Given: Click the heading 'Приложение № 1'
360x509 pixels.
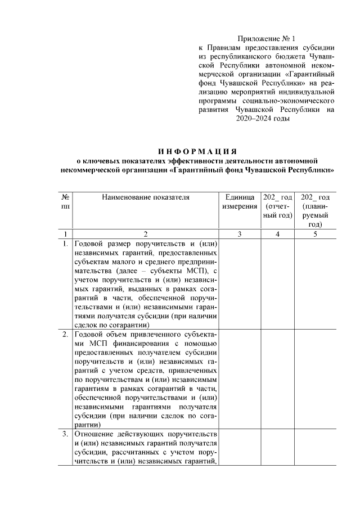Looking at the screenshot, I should coord(266,38).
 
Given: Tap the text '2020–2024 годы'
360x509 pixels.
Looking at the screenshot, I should coord(262,119).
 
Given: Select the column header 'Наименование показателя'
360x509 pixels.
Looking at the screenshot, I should coord(146,197).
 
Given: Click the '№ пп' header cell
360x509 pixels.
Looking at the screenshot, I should coord(66,201).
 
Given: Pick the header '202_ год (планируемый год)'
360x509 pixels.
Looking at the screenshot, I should coord(315,210).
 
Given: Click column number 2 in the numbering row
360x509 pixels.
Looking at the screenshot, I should coord(146,234).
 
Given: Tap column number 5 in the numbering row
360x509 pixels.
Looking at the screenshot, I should coord(315,234).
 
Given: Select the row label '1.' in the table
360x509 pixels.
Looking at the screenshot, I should coord(66,244).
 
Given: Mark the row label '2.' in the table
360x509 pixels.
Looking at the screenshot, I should coord(66,335).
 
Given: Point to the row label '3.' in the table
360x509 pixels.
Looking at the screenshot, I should coord(66,434).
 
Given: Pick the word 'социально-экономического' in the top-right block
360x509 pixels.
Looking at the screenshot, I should coord(287,101).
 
